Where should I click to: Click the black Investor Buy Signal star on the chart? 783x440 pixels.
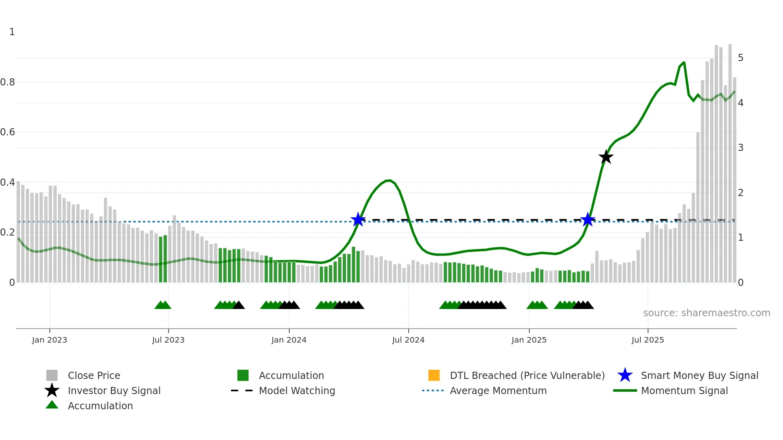coord(606,157)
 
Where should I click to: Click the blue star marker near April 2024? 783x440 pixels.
coord(358,220)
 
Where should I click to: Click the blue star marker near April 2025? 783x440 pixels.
coord(587,220)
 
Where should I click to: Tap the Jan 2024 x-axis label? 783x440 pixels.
coord(289,340)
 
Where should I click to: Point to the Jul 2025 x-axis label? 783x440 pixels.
coord(648,340)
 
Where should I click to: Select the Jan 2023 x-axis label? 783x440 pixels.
coord(50,340)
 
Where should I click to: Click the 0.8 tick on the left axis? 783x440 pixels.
coord(8,82)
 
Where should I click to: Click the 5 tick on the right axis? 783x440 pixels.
coord(741,58)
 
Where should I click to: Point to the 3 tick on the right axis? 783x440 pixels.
coord(741,148)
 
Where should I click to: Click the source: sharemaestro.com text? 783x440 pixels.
coord(706,313)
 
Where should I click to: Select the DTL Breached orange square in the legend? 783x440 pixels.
coord(434,375)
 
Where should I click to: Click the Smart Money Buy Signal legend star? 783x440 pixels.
coord(625,375)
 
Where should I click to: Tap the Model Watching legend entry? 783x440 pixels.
coord(297,390)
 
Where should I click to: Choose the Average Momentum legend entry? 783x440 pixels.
coord(498,390)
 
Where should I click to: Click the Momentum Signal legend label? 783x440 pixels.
coord(684,390)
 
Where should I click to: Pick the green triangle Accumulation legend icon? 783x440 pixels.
coord(52,405)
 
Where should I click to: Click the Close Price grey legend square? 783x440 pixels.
coord(52,375)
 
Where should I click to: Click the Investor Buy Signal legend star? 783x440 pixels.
coord(52,390)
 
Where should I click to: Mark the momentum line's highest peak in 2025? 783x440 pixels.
coord(684,62)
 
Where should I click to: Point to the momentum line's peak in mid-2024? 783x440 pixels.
coord(390,180)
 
